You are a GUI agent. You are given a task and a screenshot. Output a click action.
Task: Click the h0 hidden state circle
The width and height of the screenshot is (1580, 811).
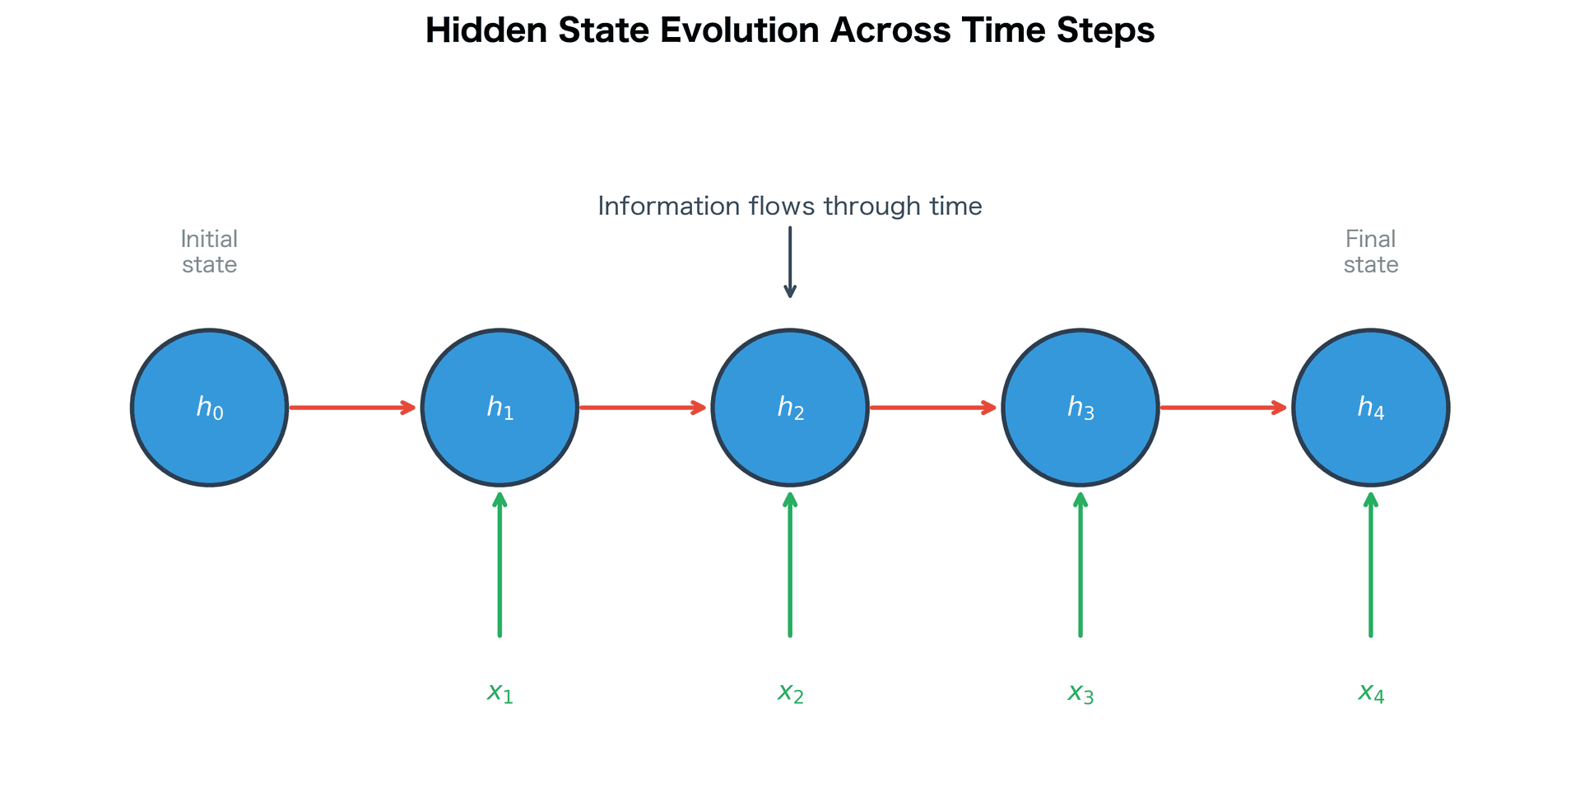(x=209, y=408)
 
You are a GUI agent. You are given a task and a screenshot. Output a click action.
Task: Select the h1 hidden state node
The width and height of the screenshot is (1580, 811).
(x=500, y=408)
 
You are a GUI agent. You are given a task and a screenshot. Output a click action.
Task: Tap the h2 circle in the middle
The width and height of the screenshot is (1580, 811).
(x=790, y=408)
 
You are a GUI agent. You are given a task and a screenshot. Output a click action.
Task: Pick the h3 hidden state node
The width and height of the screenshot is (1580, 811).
(x=1080, y=408)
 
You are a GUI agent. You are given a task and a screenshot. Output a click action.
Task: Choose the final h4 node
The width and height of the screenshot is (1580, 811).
(x=1371, y=408)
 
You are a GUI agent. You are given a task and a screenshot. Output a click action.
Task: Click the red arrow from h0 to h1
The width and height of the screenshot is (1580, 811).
(x=352, y=408)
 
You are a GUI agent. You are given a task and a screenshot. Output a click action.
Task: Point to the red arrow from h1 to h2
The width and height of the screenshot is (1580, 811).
(x=643, y=408)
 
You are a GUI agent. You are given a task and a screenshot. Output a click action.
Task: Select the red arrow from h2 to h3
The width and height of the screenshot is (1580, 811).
(x=933, y=408)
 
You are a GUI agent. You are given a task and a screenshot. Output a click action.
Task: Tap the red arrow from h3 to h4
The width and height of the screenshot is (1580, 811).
(x=1224, y=408)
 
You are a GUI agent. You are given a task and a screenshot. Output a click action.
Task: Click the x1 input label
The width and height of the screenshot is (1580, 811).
(x=500, y=692)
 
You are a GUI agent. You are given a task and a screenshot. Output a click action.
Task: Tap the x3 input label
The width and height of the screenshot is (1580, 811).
(x=1080, y=692)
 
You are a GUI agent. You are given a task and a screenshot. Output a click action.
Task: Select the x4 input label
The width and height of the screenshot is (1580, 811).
(x=1371, y=692)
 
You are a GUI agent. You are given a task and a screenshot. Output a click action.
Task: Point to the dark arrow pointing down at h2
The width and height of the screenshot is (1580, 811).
(x=790, y=262)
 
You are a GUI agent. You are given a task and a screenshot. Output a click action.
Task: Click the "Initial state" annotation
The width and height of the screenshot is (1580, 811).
(x=209, y=251)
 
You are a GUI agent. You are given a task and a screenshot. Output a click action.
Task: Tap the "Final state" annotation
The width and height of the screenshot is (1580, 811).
(x=1371, y=251)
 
